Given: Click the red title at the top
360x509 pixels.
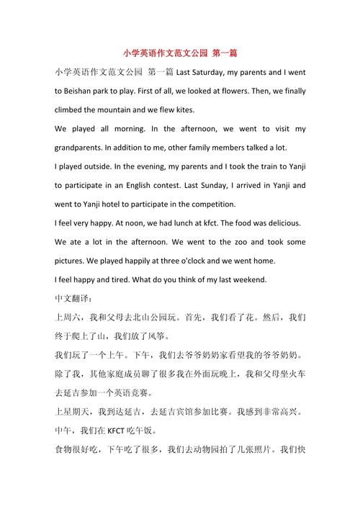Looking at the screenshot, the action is tap(180, 53).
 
